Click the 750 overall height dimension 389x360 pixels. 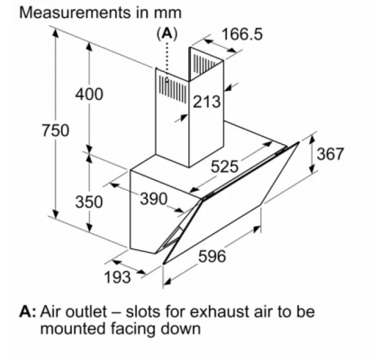(55, 130)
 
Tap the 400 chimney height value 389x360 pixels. (89, 94)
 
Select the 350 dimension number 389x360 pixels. (89, 202)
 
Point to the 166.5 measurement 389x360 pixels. (242, 34)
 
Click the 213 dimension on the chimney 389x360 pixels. (207, 102)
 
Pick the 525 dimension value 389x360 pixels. (224, 166)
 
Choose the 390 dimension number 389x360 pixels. (154, 199)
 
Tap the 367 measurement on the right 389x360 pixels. (330, 154)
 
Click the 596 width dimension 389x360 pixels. (212, 256)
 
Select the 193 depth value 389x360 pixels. (117, 277)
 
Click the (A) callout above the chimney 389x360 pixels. (167, 34)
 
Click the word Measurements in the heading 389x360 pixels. (75, 13)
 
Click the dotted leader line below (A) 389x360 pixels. (167, 59)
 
